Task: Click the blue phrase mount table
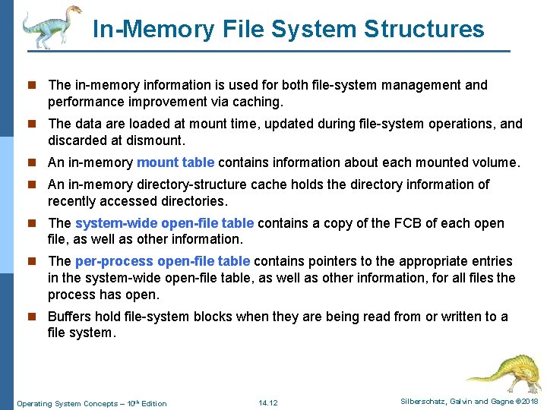pos(175,162)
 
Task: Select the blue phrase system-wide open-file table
pos(165,223)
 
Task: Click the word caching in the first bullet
pos(258,101)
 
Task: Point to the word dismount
pos(157,140)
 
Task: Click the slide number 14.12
pos(268,402)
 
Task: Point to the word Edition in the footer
pos(154,403)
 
